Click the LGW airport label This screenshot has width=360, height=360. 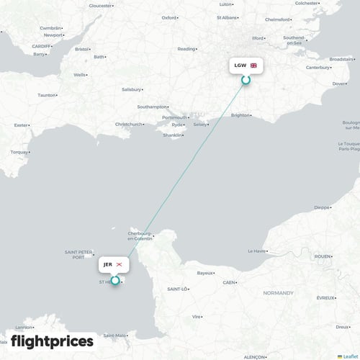tap(240, 66)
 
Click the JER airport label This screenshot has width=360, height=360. tap(108, 265)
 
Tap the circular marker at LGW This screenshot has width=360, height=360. tap(246, 80)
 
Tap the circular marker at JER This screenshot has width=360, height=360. tap(115, 279)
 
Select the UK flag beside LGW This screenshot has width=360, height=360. tap(253, 66)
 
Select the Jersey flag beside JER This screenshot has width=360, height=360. tap(120, 265)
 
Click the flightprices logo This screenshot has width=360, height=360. tap(53, 341)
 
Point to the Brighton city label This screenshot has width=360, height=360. tap(240, 114)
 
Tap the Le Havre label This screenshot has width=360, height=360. tap(256, 251)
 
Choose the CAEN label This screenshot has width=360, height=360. tap(230, 283)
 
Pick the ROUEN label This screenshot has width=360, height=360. tap(323, 256)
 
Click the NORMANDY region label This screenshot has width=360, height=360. tap(277, 293)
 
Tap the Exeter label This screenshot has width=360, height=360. tap(22, 125)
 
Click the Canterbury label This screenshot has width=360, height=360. tap(317, 68)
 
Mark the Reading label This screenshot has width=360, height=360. tap(186, 49)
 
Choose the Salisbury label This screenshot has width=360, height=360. tap(132, 89)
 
